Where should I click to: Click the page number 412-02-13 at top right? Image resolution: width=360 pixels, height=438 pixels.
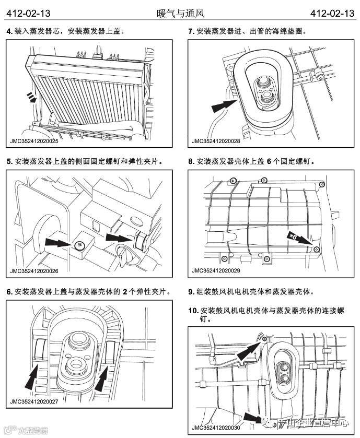point(331,13)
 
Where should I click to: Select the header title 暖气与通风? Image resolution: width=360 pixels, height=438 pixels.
point(180,13)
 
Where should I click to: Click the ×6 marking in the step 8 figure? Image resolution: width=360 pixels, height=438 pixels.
point(293,236)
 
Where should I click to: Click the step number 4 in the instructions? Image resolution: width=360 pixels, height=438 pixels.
point(9,31)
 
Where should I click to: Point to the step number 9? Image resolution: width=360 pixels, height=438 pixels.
point(191,291)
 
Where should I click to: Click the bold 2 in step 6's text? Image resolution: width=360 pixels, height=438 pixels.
point(125,291)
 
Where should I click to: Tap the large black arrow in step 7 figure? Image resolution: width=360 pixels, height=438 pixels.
point(224,106)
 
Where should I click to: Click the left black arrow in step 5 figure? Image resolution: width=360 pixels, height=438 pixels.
point(59,243)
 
